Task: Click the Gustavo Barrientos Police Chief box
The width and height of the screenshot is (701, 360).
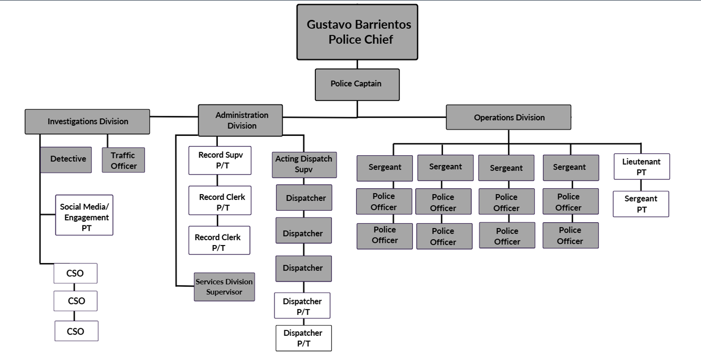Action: point(357,32)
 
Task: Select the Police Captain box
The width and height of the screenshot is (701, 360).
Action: point(357,84)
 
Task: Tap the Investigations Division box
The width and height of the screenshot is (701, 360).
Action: point(87,121)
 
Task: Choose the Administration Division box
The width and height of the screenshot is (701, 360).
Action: point(241,120)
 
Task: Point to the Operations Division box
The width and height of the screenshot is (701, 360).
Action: point(509,118)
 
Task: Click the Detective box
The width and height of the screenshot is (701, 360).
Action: point(66,159)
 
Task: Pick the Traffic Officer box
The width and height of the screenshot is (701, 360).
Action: point(123,160)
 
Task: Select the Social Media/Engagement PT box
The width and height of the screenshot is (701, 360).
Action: point(84,215)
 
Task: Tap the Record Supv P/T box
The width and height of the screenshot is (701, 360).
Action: point(220,161)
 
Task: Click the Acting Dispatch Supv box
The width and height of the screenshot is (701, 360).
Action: point(304,164)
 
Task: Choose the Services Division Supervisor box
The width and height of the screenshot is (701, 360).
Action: point(224,287)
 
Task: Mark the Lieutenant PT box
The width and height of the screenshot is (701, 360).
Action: point(642,166)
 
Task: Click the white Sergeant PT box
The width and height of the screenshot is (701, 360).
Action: point(641,204)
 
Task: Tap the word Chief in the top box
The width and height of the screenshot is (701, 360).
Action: point(378,40)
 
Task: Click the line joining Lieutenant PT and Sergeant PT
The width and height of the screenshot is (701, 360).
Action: point(641,185)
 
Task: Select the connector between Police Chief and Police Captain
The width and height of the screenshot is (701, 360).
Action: point(357,64)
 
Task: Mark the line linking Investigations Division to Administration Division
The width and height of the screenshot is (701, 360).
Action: point(174,117)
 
